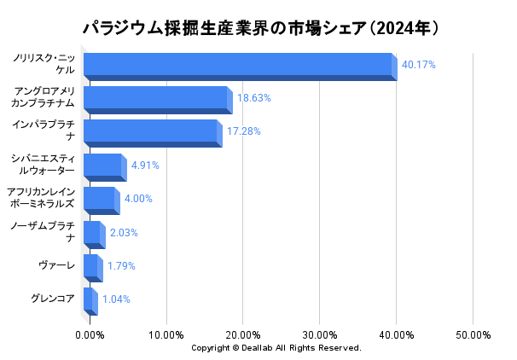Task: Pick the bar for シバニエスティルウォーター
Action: (x=102, y=165)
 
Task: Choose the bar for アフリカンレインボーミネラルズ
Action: (x=99, y=199)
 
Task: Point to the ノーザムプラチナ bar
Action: (x=92, y=232)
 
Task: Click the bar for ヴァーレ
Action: (x=90, y=265)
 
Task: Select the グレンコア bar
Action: (x=88, y=299)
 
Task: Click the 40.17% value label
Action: (x=419, y=65)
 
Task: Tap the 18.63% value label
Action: (x=254, y=98)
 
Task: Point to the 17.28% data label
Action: (x=244, y=131)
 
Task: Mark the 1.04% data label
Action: (x=116, y=299)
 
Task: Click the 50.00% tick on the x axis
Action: (x=473, y=334)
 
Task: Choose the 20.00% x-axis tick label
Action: (x=243, y=334)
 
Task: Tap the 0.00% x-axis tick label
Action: (x=90, y=334)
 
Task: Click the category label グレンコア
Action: (x=53, y=299)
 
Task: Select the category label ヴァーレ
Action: (x=56, y=265)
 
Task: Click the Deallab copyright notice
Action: (x=276, y=348)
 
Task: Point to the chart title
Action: (x=261, y=28)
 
